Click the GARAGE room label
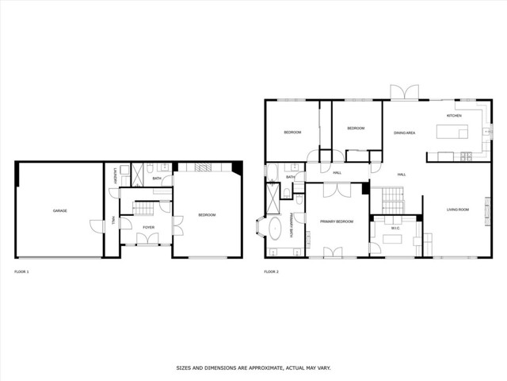point(59,210)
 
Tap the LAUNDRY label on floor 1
point(117,175)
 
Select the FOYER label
point(148,228)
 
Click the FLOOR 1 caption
point(21,272)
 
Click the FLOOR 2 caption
point(271,272)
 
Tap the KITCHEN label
point(454,116)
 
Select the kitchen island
point(448,154)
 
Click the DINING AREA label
point(404,133)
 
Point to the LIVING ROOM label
point(457,210)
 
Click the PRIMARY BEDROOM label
point(336,221)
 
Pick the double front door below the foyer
point(148,244)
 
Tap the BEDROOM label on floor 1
point(207,215)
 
